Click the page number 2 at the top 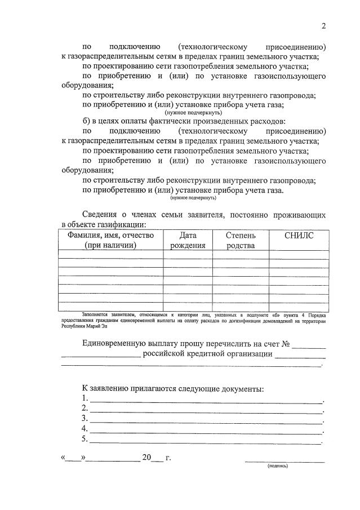coord(324,25)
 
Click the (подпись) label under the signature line coord(277,466)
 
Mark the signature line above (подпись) coord(285,462)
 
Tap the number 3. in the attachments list coord(85,418)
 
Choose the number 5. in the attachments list coord(85,438)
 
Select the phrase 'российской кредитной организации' coord(207,354)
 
